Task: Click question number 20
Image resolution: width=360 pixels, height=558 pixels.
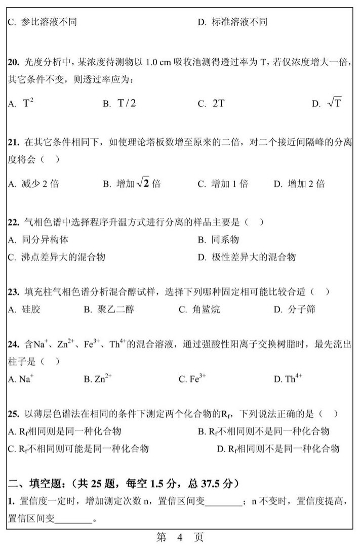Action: click(x=13, y=63)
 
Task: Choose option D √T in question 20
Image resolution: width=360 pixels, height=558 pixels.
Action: click(x=327, y=104)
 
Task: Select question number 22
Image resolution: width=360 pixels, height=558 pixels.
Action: click(x=13, y=222)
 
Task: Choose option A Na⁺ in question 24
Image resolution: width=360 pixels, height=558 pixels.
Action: click(x=21, y=379)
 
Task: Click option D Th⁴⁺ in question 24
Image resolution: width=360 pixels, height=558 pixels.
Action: click(x=288, y=379)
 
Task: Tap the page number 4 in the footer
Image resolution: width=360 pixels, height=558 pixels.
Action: click(x=179, y=538)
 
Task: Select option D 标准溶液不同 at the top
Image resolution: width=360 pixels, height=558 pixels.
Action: click(x=232, y=22)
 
